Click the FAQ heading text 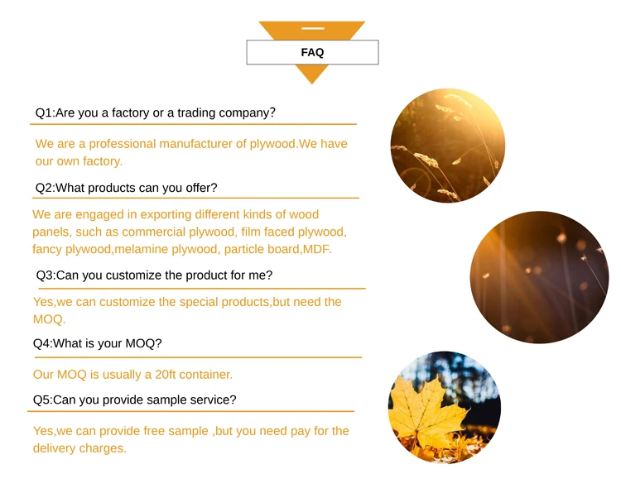click(x=312, y=52)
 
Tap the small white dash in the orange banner click(x=312, y=28)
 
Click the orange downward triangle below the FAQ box click(x=311, y=74)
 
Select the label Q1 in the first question click(x=44, y=112)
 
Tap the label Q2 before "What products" click(x=44, y=188)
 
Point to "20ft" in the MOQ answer click(x=165, y=375)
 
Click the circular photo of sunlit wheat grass click(x=447, y=146)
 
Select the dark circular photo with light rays click(x=539, y=277)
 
